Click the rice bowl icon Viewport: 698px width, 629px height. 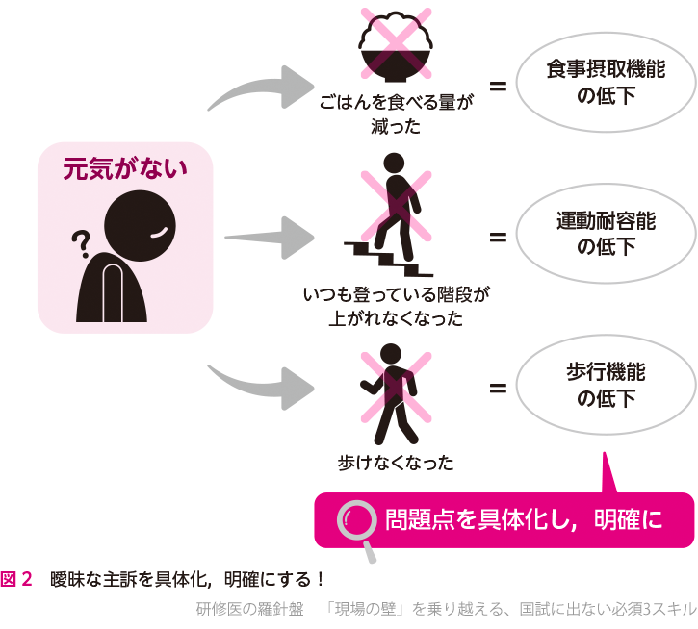pos(394,52)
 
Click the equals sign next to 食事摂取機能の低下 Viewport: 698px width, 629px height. pos(498,88)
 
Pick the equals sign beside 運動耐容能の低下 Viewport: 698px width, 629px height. pos(498,235)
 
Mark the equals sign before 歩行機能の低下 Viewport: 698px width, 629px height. pos(498,388)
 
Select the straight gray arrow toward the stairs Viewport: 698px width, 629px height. pos(270,234)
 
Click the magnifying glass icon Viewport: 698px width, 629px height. pos(357,525)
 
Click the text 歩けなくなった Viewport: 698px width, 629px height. pos(396,462)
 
